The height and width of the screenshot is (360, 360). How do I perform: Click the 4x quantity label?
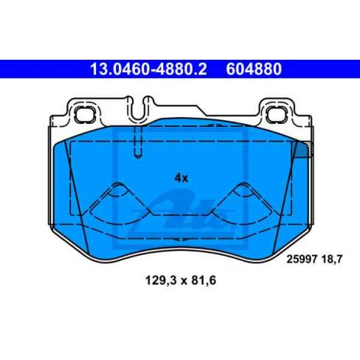181,178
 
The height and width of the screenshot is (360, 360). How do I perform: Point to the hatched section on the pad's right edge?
301,152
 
